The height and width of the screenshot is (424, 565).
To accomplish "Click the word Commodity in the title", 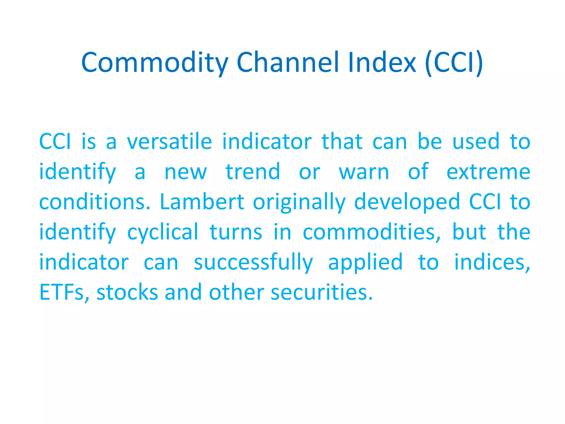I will point(154,63).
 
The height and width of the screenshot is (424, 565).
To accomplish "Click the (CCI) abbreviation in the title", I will point(454,63).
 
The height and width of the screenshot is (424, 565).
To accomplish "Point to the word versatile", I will point(169,142).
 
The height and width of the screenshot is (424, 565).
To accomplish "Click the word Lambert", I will point(202,202).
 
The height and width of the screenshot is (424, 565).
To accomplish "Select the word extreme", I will point(488,172).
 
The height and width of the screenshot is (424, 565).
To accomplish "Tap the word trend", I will point(253,172).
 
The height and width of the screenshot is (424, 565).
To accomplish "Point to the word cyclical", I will point(162,233).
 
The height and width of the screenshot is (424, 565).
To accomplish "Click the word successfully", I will point(253,263).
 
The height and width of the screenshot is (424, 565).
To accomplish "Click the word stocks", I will point(127,292).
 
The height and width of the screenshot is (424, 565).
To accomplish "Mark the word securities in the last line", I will point(321,292).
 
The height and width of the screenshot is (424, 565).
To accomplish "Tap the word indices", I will point(492,262).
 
